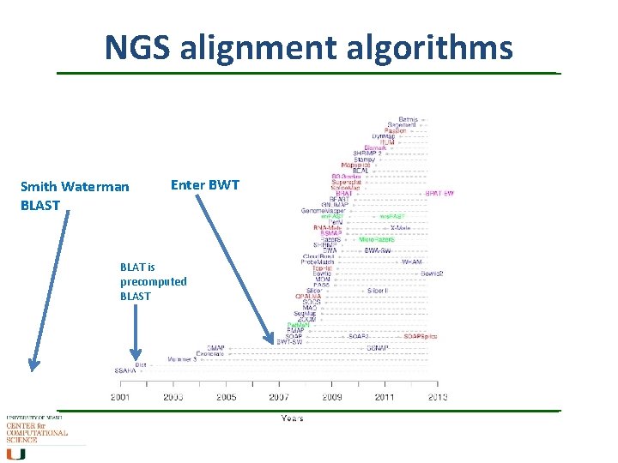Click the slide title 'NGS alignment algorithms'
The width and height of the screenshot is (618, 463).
(308, 47)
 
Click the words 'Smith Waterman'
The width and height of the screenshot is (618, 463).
(75, 186)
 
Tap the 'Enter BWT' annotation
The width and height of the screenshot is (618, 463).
(205, 184)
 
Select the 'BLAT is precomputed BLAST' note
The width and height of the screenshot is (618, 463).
(153, 281)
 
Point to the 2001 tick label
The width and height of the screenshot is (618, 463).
(121, 397)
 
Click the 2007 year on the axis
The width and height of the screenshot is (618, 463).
(279, 397)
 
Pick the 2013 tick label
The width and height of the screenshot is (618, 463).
(437, 397)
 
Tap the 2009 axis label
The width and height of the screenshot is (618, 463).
(332, 397)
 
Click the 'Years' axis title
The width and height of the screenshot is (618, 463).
(292, 418)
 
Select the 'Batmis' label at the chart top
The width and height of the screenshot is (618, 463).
(408, 119)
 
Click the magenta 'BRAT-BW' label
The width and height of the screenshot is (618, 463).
(439, 194)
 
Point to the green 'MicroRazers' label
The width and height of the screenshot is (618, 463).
(377, 239)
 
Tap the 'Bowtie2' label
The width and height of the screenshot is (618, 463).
(431, 274)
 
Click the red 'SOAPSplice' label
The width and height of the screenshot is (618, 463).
(421, 336)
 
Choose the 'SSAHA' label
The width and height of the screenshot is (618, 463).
(125, 370)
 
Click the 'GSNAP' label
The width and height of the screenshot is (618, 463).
(378, 348)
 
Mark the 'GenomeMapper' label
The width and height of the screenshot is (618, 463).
(323, 211)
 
